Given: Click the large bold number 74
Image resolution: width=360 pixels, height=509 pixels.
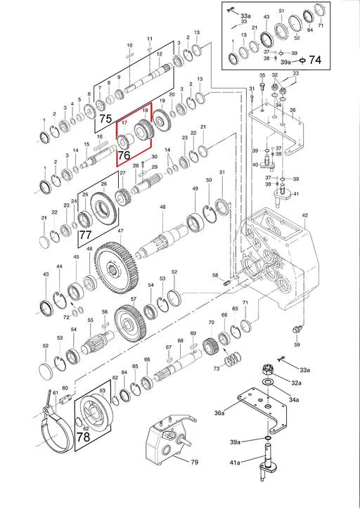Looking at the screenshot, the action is [x=314, y=60].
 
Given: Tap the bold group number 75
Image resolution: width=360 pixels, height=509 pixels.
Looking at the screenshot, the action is [x=105, y=119].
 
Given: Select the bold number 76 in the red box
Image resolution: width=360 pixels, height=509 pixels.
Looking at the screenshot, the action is [x=124, y=155].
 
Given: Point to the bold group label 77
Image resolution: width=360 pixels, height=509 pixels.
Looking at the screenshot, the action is [x=86, y=235].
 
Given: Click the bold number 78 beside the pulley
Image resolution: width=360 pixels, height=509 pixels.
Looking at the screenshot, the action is [x=83, y=437].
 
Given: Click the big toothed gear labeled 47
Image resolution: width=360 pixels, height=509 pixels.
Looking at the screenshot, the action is [x=114, y=267].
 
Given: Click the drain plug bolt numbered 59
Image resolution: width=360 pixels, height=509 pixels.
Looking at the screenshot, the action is [x=296, y=330].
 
